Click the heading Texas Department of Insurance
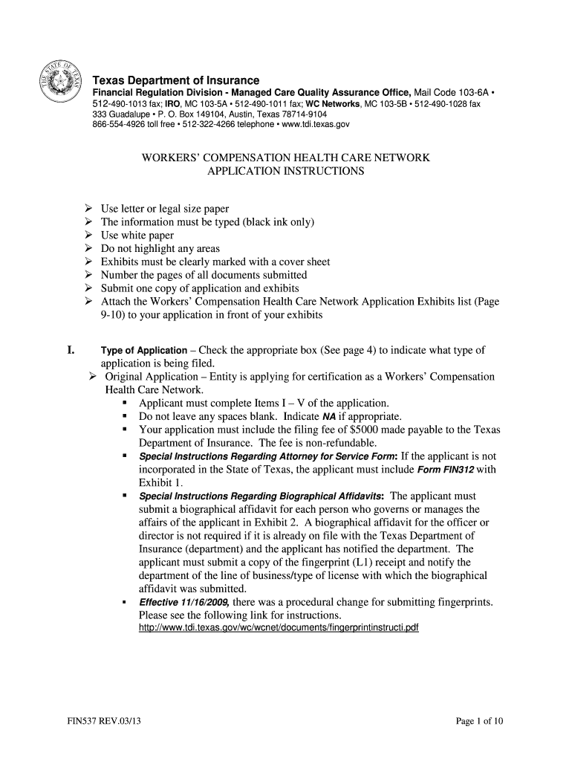[x=175, y=80]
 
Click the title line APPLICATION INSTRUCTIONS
[x=285, y=171]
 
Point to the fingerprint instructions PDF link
[x=279, y=628]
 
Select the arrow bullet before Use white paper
[x=88, y=236]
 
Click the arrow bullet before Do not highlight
[x=88, y=249]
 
